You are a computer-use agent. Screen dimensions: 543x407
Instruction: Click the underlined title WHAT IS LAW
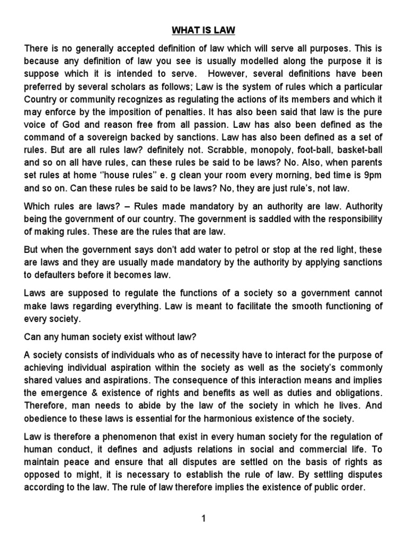(203, 31)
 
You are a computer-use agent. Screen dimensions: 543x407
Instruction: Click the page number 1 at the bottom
(203, 518)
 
